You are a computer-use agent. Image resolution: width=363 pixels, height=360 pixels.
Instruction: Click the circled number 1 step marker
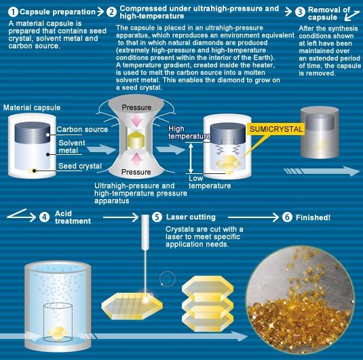[13, 12]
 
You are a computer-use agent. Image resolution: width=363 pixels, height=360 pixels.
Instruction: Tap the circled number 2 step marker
[111, 12]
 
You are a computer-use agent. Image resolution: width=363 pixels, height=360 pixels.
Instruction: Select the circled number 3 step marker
[301, 12]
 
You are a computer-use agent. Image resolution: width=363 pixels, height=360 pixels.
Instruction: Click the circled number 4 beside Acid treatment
[44, 217]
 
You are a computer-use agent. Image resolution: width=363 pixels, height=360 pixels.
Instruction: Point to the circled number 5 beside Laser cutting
[157, 217]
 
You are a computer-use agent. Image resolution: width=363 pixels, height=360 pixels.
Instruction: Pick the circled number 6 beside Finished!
[287, 217]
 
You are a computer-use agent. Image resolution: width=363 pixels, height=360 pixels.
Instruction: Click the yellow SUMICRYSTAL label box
[275, 129]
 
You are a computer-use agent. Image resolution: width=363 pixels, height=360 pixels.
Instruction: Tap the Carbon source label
[82, 129]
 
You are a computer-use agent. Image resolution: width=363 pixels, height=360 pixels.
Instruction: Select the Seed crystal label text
[80, 166]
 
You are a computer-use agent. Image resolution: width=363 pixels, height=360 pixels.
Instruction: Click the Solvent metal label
[72, 147]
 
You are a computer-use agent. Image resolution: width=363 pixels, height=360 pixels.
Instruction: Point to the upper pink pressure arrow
[136, 120]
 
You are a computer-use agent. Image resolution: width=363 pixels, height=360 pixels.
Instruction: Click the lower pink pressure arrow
[136, 160]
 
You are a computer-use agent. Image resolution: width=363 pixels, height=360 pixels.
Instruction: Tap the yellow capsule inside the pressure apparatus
[136, 140]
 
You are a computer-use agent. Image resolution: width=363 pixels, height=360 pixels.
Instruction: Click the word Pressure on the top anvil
[136, 107]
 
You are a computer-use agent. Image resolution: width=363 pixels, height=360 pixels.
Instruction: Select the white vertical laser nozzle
[145, 232]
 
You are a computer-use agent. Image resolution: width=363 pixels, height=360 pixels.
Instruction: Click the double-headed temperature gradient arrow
[191, 158]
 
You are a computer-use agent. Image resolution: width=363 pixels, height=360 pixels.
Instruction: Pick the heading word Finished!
[313, 217]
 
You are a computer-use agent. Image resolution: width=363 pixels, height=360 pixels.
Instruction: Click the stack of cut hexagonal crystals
[208, 303]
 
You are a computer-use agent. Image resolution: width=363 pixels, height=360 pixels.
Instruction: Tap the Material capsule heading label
[32, 107]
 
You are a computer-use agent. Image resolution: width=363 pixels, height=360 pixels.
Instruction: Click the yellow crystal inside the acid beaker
[58, 333]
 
